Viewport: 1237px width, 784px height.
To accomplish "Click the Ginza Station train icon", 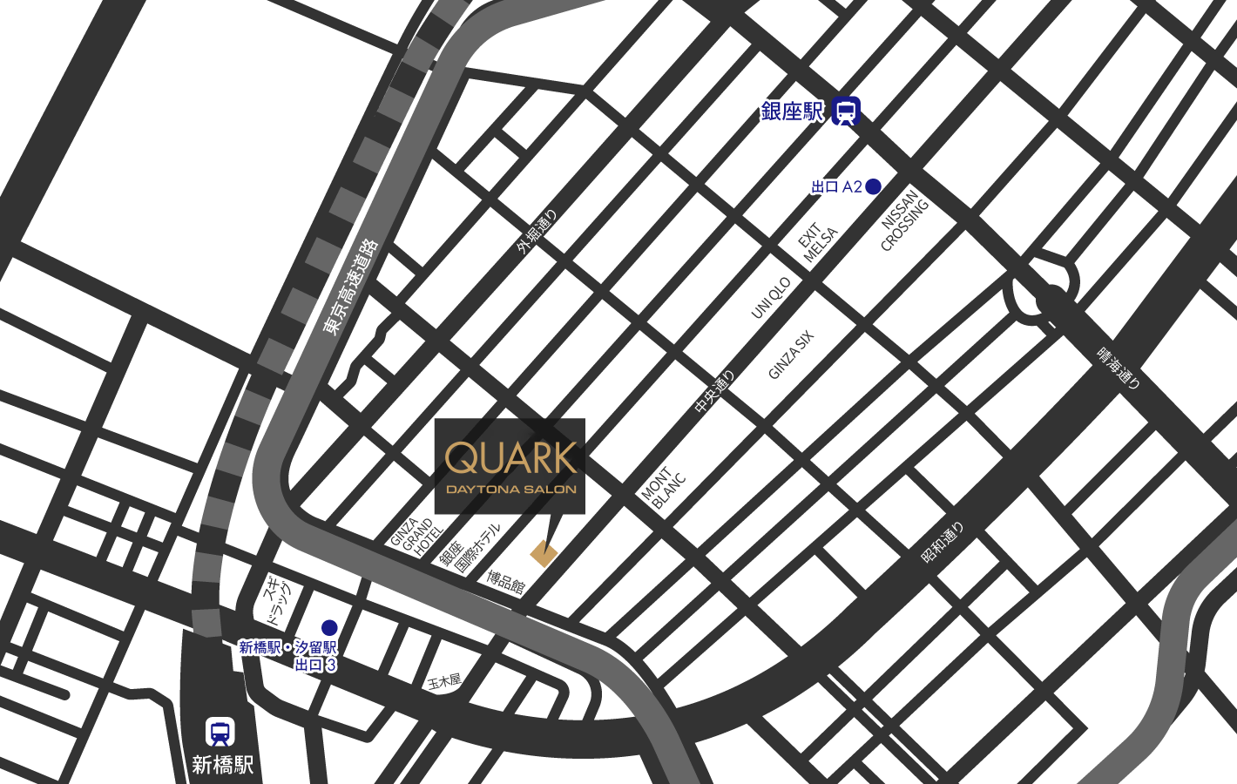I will coord(846,112).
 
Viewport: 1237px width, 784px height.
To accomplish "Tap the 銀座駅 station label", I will coord(792,112).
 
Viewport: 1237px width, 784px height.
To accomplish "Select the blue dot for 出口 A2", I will coord(873,186).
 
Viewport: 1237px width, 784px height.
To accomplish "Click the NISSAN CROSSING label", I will coord(904,221).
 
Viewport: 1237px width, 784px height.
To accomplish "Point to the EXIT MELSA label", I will coord(818,242).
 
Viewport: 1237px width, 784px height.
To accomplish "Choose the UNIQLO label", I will coord(771,298).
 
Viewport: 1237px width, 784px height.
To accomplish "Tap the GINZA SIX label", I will coord(790,355).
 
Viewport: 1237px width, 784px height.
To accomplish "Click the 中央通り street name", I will coord(715,392).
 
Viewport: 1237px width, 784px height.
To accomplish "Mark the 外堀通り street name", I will coord(536,233).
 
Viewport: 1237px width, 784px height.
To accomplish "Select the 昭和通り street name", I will coord(943,542).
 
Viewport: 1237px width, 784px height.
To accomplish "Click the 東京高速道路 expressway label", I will coord(350,287).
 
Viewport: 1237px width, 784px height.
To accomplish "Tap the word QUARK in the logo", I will coord(510,457).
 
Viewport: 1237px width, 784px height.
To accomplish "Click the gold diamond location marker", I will coord(544,553).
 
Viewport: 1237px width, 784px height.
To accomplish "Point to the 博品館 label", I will coord(505,582).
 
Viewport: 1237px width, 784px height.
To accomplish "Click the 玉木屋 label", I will coord(443,681).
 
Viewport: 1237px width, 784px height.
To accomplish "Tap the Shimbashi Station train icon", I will coord(220,733).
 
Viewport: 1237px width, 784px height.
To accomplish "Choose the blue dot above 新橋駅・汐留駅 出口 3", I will coord(329,627).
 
